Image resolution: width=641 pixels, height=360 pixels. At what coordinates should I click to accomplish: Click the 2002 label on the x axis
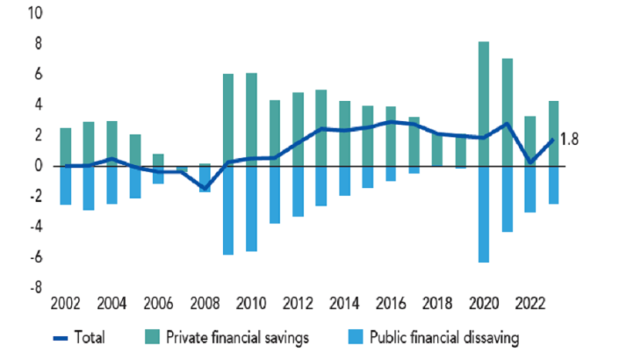click(66, 305)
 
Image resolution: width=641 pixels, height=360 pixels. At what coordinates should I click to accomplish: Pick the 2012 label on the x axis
click(299, 305)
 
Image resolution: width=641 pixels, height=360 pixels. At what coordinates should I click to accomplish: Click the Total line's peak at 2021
click(507, 123)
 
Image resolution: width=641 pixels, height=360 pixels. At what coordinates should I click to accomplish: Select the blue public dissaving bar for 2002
click(66, 185)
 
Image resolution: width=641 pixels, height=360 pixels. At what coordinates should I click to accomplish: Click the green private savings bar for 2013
click(321, 127)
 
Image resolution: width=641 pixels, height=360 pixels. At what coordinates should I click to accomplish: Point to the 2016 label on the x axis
click(392, 305)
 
